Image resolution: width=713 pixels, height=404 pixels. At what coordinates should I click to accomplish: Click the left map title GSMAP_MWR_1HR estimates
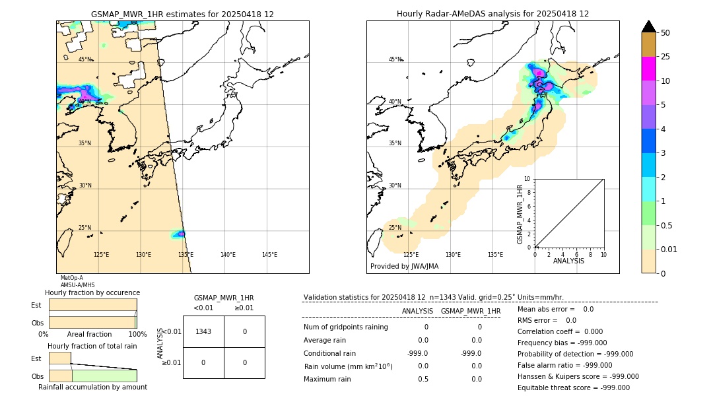pos(182,14)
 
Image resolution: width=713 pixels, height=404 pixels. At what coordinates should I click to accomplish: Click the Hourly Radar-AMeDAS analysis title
pos(492,14)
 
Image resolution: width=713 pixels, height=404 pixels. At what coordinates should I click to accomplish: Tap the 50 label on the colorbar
pos(665,33)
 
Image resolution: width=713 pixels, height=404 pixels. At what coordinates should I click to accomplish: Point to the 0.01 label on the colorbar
pos(669,250)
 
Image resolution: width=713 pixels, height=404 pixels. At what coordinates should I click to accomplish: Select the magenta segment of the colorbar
pos(648,69)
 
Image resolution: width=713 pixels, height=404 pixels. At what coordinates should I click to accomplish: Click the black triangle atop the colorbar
pos(648,26)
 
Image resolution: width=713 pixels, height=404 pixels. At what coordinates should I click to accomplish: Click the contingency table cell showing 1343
pos(203,331)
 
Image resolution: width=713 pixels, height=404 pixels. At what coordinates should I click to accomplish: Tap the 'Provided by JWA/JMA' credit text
pos(404,267)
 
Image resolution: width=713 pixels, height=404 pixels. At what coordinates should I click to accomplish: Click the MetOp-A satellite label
pos(72,278)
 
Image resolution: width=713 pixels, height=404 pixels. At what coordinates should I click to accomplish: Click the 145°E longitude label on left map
pos(269,255)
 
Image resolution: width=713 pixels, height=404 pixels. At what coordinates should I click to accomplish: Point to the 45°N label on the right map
pos(395,59)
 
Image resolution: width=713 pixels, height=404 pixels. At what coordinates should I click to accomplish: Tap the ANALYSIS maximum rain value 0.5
pos(423,379)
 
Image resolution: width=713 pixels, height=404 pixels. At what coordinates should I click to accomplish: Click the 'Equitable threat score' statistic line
pos(573,387)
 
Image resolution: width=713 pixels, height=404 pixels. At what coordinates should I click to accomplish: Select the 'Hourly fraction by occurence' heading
pos(92,292)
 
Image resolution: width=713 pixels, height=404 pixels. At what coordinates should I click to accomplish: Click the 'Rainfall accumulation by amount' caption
pos(92,387)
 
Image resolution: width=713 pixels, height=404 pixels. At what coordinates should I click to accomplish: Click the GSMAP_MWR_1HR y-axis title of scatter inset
pos(520,214)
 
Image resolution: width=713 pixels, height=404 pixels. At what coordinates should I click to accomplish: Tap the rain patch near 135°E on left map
pos(179,234)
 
